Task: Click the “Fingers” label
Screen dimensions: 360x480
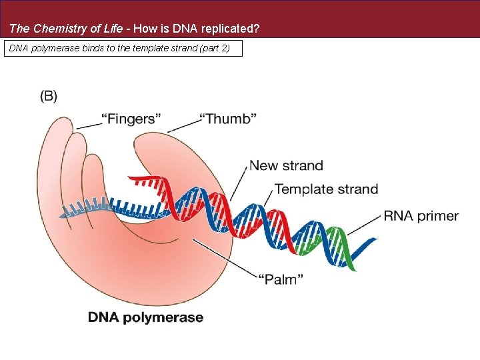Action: pos(131,119)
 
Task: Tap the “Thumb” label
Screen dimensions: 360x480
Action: pos(228,119)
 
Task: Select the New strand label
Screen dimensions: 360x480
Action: pos(285,165)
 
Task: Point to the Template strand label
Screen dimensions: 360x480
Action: pos(326,189)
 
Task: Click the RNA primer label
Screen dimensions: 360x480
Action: pos(421,215)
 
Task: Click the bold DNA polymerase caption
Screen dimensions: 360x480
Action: pos(145,317)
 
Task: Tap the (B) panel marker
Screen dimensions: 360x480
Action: pos(49,96)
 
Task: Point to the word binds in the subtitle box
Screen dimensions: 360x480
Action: pos(93,49)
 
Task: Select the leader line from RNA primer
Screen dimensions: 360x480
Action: pos(364,225)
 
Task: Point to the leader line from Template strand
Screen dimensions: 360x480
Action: pos(269,198)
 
